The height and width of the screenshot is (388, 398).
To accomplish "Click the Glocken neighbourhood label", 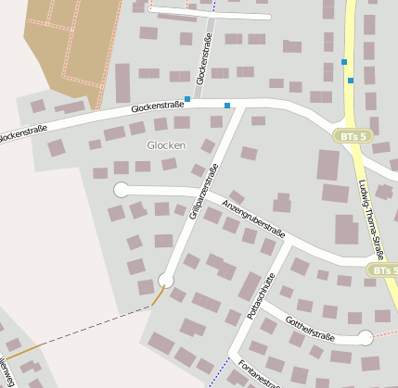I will [x=166, y=145].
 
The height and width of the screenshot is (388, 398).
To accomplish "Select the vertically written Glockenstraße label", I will [x=204, y=57].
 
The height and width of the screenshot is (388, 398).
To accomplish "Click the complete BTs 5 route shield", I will [x=353, y=136].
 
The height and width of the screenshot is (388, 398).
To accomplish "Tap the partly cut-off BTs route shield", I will [x=383, y=270].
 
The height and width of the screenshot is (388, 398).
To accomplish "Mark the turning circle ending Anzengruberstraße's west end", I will [x=121, y=190].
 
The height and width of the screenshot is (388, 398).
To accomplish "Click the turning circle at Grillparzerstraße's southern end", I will [x=166, y=281].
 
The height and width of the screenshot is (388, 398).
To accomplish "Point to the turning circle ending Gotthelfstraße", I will [x=366, y=338].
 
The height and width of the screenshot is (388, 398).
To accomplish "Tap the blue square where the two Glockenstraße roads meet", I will [x=188, y=98].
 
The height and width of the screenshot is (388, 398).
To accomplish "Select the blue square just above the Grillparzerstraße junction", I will [x=227, y=106].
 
